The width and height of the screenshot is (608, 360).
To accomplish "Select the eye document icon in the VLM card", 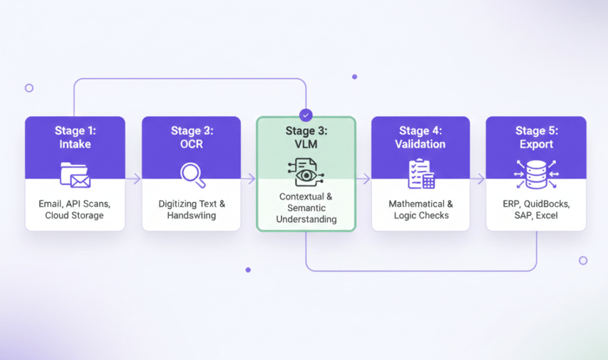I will pos(306,172).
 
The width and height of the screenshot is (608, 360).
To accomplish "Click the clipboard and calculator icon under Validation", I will pos(421,173).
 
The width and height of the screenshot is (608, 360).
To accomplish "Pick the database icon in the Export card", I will pos(536,173).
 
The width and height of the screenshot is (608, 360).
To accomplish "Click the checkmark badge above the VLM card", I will pos(306,115).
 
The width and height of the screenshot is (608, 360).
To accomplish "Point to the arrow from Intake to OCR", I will pos(134,179).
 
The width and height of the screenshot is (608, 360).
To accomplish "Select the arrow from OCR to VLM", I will pos(249,179).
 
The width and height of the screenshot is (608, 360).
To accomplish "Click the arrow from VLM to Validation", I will pos(363,179).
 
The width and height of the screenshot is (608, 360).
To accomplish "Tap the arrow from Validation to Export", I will pos(478,179).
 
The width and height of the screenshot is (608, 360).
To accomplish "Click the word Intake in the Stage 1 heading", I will pos(75,144).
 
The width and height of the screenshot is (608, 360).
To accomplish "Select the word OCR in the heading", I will pos(192,144).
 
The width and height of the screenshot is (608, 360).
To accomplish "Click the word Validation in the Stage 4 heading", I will pos(421,144).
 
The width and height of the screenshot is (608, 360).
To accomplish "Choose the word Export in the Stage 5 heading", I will pos(536,144).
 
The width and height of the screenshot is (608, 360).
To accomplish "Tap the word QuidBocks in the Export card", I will pos(544,204).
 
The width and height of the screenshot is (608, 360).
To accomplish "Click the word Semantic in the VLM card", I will pos(306,208).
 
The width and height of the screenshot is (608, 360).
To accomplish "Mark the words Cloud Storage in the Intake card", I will pos(75,216).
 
